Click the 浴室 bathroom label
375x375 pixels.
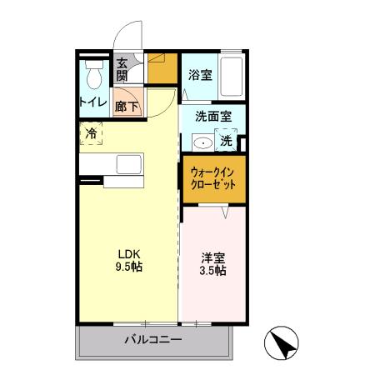point(199,73)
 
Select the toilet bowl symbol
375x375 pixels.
point(94,77)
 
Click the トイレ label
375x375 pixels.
point(92,102)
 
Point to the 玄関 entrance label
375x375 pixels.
point(122,69)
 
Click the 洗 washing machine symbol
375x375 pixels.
point(227,142)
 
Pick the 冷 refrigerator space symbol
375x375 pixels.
point(91,133)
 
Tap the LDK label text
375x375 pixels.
point(127,255)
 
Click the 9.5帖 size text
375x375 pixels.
point(127,268)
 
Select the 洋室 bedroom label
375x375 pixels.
point(214,257)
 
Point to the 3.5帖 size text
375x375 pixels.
point(214,271)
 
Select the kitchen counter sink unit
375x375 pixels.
point(129,162)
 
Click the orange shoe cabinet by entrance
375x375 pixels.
point(163,69)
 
